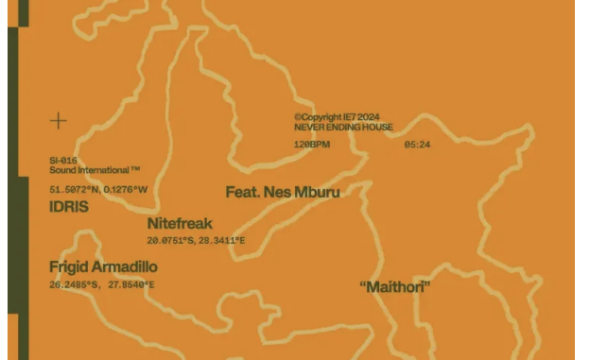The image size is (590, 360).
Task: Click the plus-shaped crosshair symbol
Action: tap(59, 120)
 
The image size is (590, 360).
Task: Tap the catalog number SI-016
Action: tap(63, 161)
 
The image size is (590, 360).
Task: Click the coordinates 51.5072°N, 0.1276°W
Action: tap(99, 189)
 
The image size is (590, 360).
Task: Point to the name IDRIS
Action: tap(69, 206)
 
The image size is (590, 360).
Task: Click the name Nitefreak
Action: tap(180, 224)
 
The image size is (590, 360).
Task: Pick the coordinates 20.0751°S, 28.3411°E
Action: tap(196, 241)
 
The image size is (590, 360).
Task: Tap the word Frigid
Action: tap(68, 267)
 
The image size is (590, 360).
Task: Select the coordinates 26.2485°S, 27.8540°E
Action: tap(102, 284)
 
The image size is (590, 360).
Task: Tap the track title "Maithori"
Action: tap(395, 286)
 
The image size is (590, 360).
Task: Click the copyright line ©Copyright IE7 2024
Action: tap(338, 118)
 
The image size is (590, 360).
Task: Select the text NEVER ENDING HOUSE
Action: tap(343, 128)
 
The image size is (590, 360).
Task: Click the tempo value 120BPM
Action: tap(312, 145)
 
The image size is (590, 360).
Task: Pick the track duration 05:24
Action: tap(417, 145)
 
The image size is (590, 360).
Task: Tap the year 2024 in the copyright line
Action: tap(370, 118)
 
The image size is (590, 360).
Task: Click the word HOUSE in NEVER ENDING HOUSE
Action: tap(376, 128)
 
